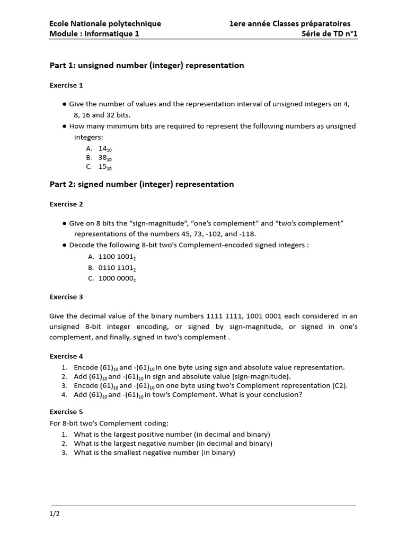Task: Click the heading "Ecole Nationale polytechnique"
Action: point(105,23)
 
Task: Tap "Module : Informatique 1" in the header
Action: point(94,34)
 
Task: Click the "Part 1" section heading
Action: point(147,65)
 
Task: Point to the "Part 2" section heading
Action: point(141,184)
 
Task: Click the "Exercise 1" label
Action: point(66,85)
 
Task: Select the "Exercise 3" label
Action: point(66,297)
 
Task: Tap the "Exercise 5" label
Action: point(66,411)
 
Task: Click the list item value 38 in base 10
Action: point(105,158)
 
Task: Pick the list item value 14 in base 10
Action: point(105,149)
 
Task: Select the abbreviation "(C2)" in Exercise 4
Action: point(340,385)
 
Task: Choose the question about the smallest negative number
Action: point(154,453)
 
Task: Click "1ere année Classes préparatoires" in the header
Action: point(290,23)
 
